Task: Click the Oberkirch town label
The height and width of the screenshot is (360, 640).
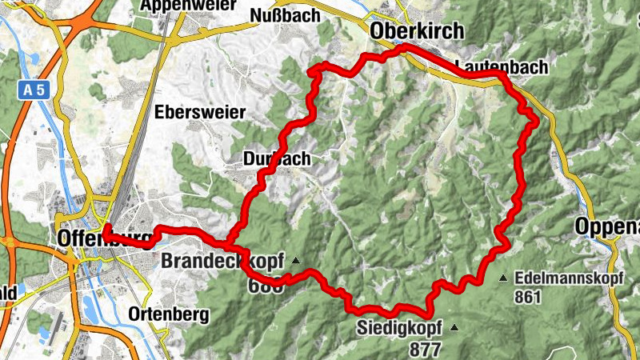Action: [417, 30]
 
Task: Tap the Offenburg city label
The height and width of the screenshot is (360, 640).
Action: [104, 238]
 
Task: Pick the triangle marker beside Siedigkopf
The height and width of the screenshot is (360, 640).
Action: [454, 326]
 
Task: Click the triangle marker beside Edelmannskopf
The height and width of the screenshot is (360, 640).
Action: [503, 278]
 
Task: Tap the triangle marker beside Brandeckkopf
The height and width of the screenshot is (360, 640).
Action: [295, 260]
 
